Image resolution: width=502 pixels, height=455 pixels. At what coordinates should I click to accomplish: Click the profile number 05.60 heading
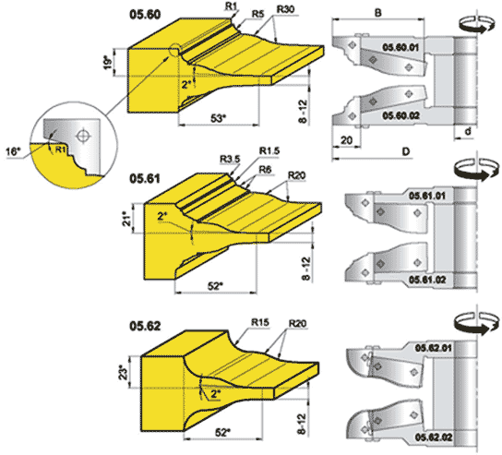(x=145, y=15)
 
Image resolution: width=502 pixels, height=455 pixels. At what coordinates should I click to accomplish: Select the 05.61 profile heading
(x=145, y=179)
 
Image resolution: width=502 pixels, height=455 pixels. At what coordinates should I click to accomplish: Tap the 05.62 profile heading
(x=145, y=326)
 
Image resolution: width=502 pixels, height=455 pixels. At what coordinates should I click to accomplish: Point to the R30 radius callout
(x=285, y=9)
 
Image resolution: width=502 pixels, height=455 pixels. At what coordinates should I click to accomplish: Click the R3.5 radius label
(x=230, y=159)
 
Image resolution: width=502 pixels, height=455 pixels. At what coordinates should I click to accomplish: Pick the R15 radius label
(x=260, y=322)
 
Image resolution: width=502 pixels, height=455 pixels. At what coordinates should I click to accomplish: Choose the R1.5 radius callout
(x=269, y=150)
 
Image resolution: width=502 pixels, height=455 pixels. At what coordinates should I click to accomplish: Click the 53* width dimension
(x=218, y=118)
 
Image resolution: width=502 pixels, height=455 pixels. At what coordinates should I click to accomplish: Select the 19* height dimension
(x=109, y=63)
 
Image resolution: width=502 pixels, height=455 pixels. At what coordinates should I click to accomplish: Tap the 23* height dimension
(x=124, y=372)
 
